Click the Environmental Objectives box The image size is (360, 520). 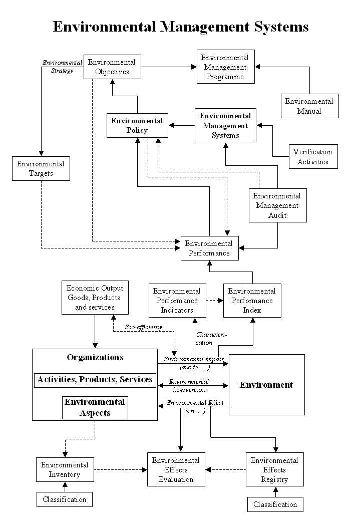click(x=112, y=67)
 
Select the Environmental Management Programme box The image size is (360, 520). click(x=226, y=67)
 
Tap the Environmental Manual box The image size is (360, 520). click(x=310, y=106)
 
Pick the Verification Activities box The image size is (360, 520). click(x=313, y=156)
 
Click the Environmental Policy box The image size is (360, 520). click(x=137, y=125)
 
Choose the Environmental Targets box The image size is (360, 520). click(x=41, y=168)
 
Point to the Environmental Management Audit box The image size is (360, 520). click(x=278, y=205)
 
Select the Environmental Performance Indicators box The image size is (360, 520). click(x=177, y=301)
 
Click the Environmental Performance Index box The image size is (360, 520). click(x=252, y=301)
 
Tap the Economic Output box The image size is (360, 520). click(x=95, y=298)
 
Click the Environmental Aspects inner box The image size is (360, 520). click(x=95, y=408)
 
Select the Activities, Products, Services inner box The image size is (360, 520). click(x=95, y=380)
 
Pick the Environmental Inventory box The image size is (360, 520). click(x=65, y=469)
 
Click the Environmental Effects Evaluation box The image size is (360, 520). click(x=176, y=469)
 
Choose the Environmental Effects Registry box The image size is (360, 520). click(x=275, y=469)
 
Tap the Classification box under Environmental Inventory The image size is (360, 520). click(x=65, y=499)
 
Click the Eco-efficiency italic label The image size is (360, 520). click(x=144, y=327)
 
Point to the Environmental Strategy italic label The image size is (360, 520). click(x=62, y=66)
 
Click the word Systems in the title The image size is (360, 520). click(x=281, y=27)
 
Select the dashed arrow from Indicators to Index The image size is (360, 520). click(x=215, y=301)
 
